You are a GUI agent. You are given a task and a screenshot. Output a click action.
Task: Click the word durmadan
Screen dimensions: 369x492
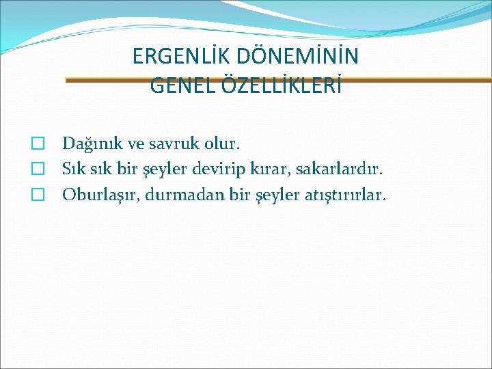[x=176, y=195]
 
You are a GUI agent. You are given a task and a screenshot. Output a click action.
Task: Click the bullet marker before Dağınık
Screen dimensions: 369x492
[x=39, y=144]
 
